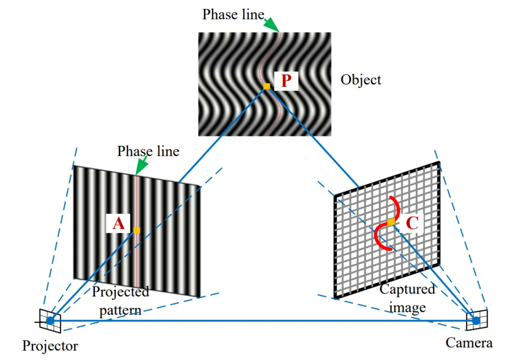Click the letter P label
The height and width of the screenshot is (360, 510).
[286, 81]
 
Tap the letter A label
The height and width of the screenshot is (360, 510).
[119, 223]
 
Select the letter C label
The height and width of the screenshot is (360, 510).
[412, 223]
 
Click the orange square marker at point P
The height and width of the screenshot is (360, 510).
[267, 86]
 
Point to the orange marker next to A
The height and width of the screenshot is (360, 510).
[136, 230]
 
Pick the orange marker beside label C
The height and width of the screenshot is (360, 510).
[391, 222]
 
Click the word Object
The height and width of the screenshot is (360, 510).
[361, 79]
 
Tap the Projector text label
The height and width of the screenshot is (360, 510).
[50, 346]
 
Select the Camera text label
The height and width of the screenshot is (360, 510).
[469, 343]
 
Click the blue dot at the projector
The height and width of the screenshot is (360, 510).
[50, 321]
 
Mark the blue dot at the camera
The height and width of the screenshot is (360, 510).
[476, 321]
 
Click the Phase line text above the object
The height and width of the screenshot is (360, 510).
[233, 15]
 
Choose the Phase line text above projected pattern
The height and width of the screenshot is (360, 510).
[148, 151]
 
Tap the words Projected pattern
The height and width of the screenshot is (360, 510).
[120, 301]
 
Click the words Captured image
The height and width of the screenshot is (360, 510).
[407, 298]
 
